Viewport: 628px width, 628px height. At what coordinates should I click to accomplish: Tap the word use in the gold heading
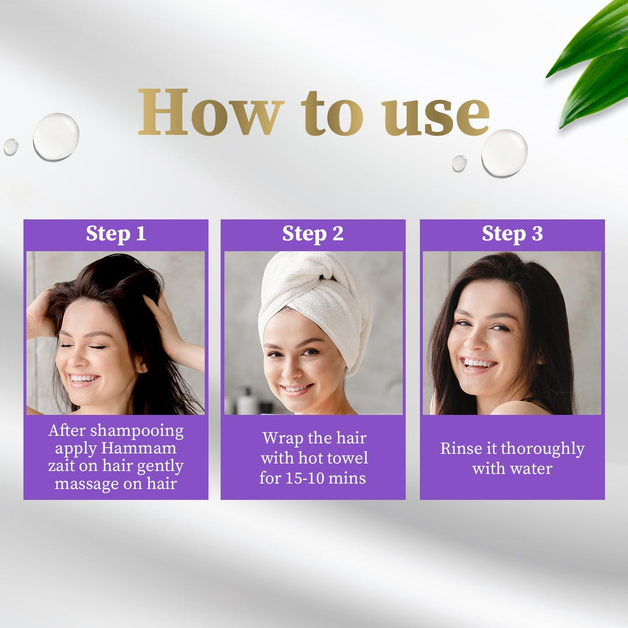[435, 117]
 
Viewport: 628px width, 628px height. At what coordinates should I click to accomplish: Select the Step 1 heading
[116, 234]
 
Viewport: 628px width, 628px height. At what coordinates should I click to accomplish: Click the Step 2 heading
[313, 234]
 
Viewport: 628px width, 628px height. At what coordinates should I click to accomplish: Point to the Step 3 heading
[512, 234]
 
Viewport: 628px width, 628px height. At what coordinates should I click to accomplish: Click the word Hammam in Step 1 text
[139, 448]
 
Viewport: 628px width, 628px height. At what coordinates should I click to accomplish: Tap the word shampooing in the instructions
[137, 431]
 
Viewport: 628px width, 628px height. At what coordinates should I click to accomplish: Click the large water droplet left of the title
[56, 137]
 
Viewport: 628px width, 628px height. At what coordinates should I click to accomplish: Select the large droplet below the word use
[504, 153]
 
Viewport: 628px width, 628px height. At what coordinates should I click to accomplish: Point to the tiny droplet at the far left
[11, 147]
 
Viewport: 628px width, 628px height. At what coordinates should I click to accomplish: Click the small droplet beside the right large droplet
[459, 163]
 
